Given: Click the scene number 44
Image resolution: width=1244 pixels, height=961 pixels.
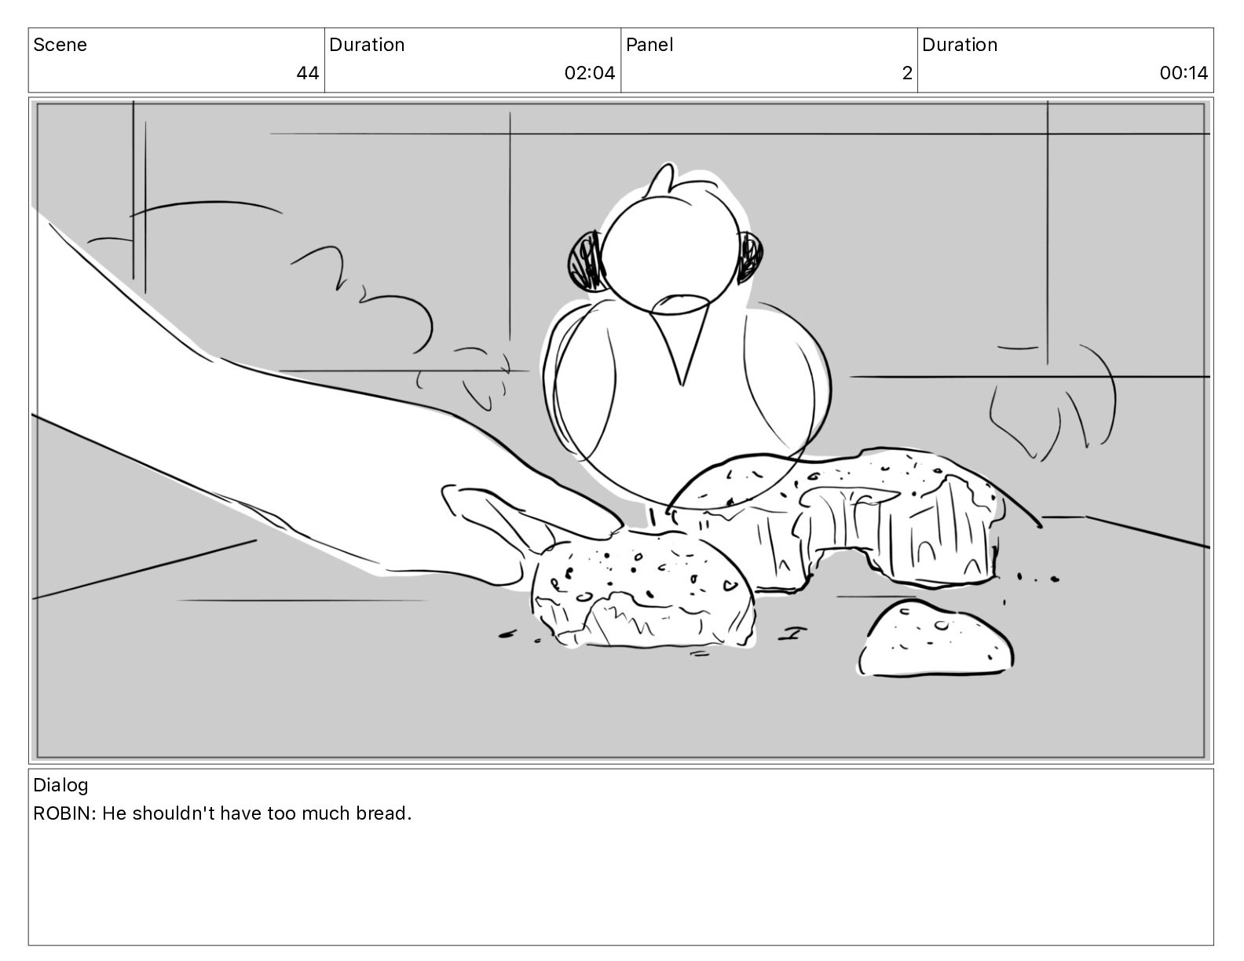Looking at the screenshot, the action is tap(307, 73).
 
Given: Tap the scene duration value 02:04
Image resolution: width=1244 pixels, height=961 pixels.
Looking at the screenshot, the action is tap(590, 73).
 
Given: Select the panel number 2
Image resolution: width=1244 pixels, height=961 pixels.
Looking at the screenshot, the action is tap(907, 73).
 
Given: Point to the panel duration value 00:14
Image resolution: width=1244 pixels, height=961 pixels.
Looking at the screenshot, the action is tap(1184, 73).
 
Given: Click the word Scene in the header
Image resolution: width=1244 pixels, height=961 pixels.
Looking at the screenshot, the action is tap(60, 45).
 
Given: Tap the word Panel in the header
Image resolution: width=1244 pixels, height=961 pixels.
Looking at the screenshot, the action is tap(649, 45).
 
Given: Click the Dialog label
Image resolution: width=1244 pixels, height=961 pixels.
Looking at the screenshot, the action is tap(60, 785).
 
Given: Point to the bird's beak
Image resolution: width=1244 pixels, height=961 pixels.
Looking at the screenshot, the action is tap(681, 337).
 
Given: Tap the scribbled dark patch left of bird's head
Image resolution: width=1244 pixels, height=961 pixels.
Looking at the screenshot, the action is tap(586, 261).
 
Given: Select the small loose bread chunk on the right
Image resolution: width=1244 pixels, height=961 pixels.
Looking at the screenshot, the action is tap(935, 638).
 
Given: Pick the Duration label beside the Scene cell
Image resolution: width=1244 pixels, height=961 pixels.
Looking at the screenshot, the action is tap(367, 45).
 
